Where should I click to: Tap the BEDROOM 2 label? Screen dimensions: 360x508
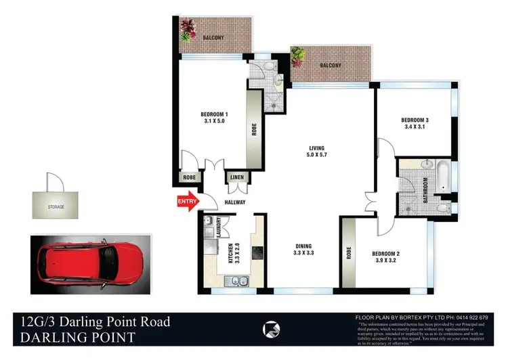386,254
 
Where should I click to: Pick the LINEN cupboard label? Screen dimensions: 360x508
236,178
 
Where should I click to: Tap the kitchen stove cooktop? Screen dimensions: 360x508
257,253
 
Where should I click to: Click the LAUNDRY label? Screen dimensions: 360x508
219,227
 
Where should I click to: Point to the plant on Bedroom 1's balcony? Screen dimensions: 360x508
188,30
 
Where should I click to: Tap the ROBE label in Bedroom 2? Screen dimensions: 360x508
349,252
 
